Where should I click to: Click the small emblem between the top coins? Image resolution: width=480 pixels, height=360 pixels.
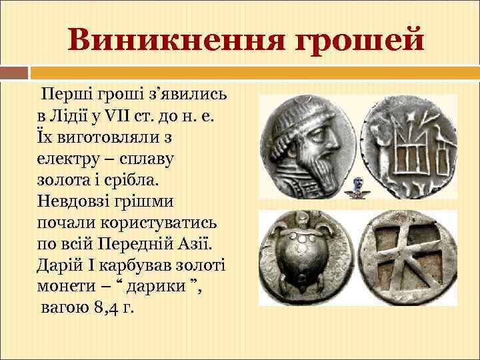pos(358,187)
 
